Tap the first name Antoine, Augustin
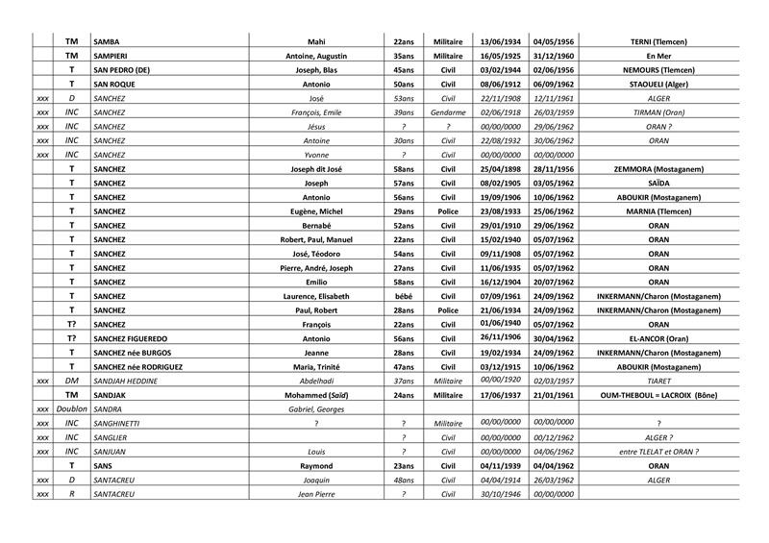[x=316, y=57]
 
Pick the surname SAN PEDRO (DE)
[x=123, y=70]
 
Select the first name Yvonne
[x=316, y=155]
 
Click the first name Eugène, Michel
[x=316, y=211]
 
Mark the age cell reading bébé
[x=404, y=296]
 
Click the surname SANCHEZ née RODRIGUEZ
[x=138, y=366]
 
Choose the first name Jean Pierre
[x=316, y=493]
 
